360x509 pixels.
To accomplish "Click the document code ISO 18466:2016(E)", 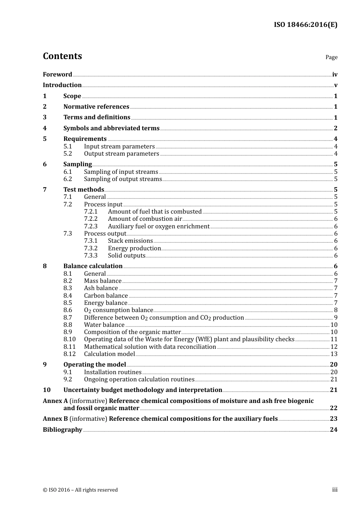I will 305,25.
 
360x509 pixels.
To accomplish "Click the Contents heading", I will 62,56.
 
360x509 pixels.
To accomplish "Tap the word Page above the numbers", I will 331,57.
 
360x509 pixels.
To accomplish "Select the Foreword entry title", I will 57,75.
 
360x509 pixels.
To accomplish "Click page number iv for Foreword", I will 335,75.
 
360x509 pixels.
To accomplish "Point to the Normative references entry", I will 96,107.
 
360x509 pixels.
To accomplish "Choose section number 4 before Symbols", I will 45,128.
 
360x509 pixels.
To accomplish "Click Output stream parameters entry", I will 121,154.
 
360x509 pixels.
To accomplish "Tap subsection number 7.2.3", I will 91,226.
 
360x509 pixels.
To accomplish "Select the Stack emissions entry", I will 130,241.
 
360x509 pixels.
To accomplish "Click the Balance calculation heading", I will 93,266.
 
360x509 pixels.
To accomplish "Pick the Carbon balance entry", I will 106,296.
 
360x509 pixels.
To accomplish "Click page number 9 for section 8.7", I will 335,318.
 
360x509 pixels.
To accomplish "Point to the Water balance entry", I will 104,325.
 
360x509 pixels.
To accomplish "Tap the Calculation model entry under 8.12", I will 109,354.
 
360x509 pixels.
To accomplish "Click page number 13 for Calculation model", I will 334,354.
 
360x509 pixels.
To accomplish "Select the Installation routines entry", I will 113,372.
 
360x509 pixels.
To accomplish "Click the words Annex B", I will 55,419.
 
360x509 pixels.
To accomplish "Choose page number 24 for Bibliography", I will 333,430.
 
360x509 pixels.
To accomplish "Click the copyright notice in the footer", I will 80,490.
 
